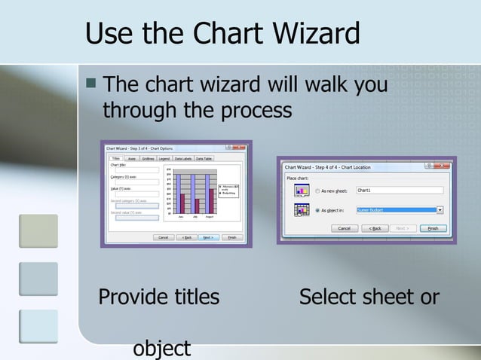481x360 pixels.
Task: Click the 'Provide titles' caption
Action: click(159, 297)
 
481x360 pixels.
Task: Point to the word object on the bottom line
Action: click(162, 349)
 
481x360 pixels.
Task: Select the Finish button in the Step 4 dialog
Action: click(433, 228)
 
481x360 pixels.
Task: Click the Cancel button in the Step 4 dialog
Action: click(343, 228)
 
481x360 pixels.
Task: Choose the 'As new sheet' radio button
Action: click(317, 191)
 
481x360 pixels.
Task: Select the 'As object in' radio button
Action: click(317, 211)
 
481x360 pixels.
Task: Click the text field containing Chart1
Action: click(399, 191)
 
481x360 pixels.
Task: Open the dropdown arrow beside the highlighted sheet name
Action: click(440, 210)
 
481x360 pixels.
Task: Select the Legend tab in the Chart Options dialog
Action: click(164, 159)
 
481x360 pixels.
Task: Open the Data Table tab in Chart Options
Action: click(204, 159)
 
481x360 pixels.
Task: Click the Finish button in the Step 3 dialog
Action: click(232, 237)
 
